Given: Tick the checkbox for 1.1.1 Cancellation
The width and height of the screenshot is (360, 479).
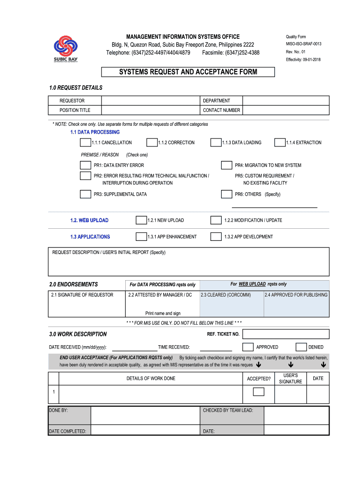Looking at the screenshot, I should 86,143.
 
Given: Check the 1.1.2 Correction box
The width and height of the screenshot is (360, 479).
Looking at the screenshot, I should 152,143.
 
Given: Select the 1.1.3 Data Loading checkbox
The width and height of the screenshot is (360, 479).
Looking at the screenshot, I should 216,143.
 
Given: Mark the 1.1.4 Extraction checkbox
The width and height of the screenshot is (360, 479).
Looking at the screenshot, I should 280,143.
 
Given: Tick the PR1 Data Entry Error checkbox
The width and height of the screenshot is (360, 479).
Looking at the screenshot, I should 86,165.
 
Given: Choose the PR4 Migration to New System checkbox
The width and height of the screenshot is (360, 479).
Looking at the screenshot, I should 226,165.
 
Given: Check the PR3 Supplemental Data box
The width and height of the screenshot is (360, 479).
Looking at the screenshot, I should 86,194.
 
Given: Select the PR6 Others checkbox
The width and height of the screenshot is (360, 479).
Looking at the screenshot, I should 226,194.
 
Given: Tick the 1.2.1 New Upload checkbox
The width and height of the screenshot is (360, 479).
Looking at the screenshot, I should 141,220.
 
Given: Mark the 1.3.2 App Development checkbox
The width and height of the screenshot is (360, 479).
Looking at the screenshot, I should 216,237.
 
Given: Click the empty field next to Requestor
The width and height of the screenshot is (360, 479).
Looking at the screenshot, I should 151,101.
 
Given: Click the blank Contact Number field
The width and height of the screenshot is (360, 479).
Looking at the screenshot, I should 286,110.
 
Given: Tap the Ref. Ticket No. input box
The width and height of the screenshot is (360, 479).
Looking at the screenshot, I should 286,334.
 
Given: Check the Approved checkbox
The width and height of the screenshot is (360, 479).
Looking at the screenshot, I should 248,347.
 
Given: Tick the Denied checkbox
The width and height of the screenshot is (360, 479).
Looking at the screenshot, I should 301,347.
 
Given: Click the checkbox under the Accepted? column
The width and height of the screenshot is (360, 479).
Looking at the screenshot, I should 259,392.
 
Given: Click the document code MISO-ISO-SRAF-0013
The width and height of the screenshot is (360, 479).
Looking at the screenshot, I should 303,44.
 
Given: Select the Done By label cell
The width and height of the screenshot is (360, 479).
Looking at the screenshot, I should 69,410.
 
